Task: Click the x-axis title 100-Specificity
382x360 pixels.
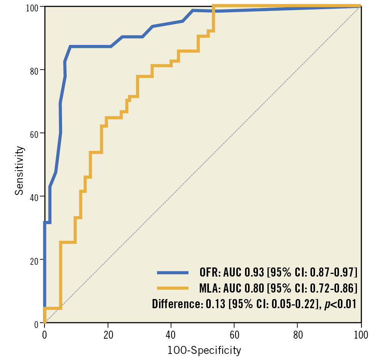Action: tap(204, 350)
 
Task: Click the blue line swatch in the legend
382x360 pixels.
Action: tap(173, 272)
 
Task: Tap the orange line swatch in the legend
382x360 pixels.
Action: tap(173, 288)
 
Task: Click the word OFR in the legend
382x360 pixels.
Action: tap(208, 272)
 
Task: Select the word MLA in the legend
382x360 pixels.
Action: tap(209, 288)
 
